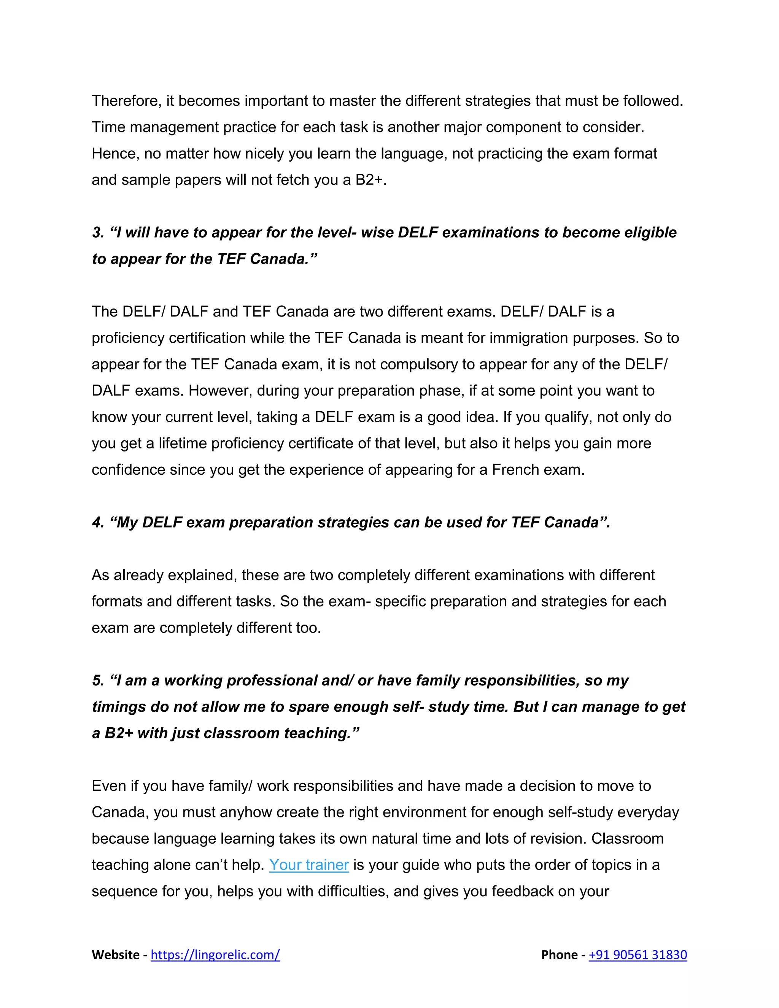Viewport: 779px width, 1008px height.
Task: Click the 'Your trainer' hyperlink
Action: (x=309, y=865)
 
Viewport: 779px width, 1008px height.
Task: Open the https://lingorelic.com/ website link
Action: (x=215, y=954)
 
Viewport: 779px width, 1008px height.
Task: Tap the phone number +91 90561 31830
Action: (x=638, y=954)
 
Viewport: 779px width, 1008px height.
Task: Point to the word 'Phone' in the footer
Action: (x=559, y=954)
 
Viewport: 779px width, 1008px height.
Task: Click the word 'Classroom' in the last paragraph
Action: (x=627, y=839)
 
